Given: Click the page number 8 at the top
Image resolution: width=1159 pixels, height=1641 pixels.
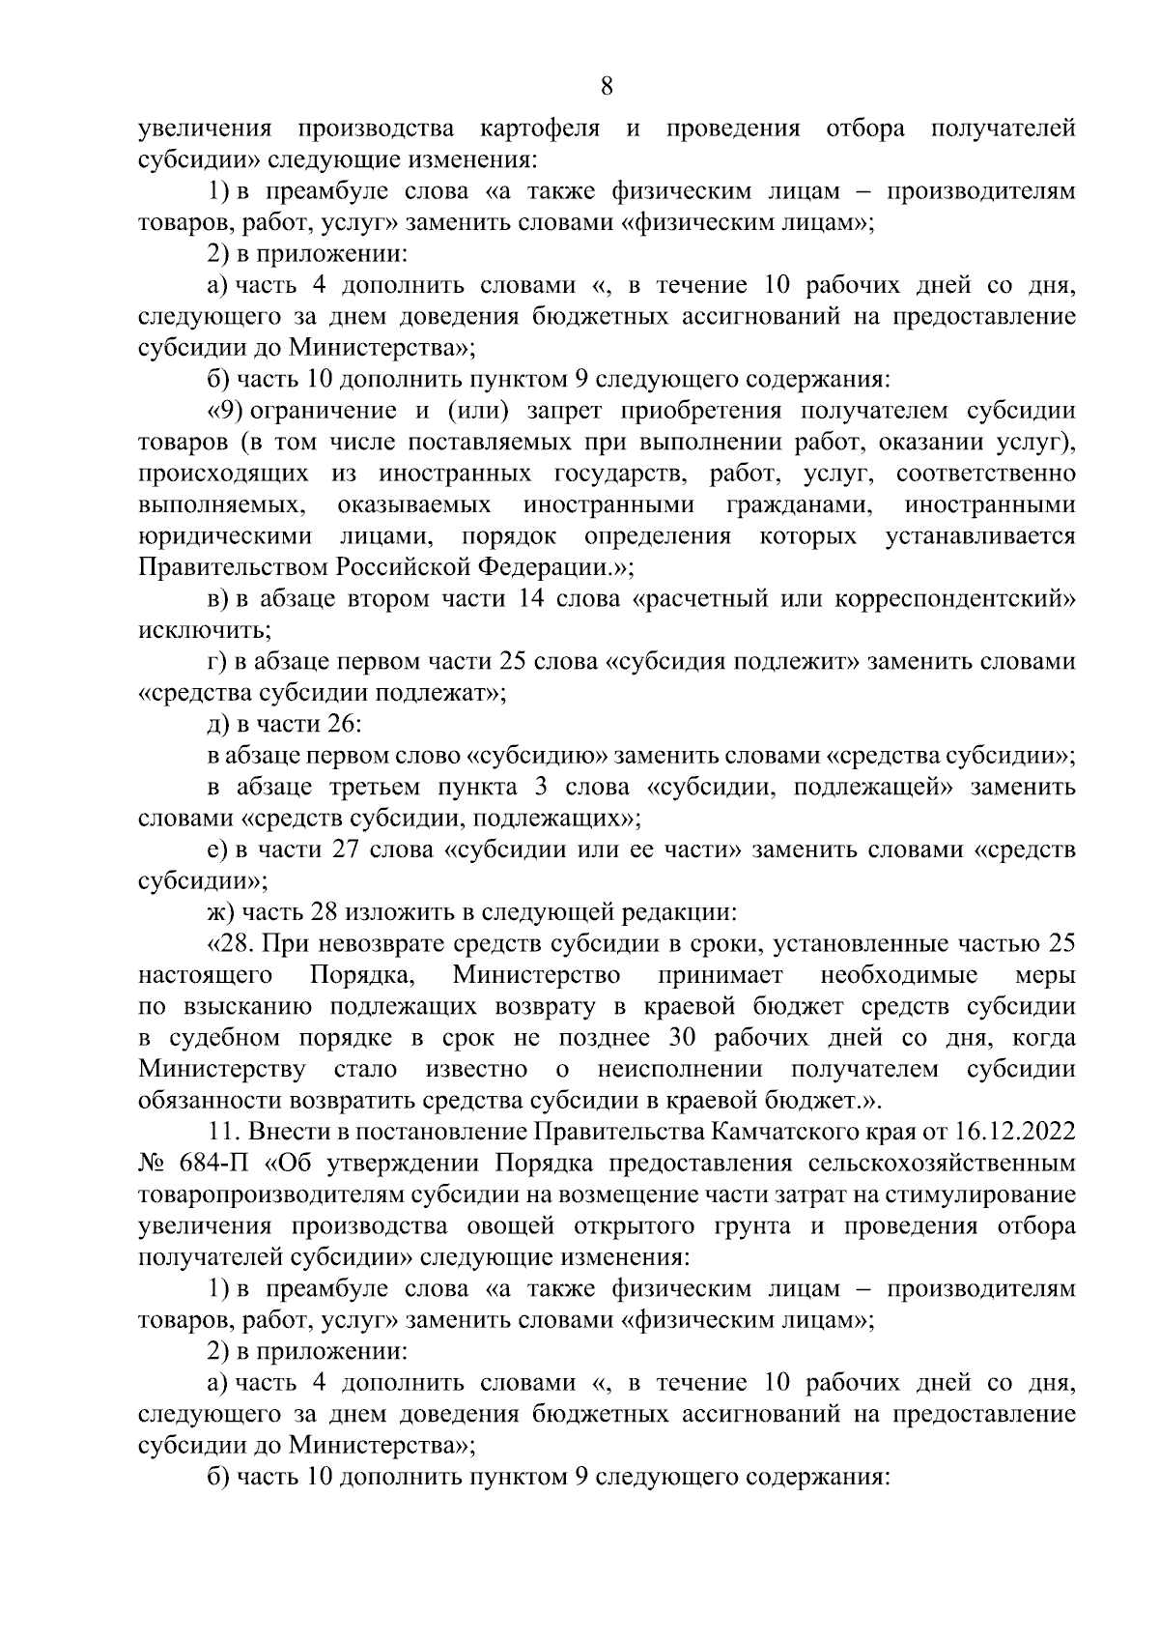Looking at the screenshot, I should pos(607,87).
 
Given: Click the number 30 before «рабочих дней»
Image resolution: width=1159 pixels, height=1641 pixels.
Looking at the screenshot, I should pos(684,1038).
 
